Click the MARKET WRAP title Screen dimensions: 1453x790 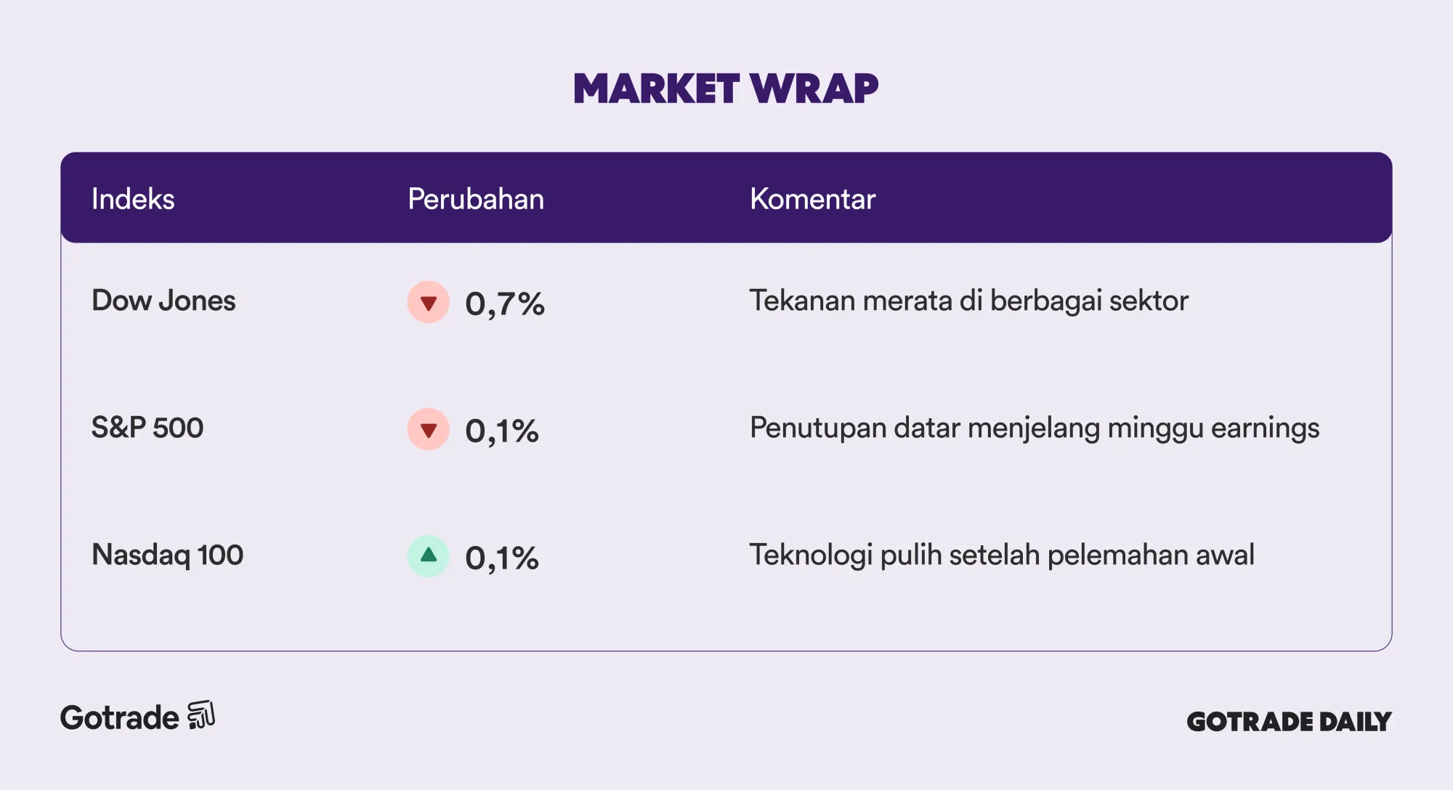point(726,89)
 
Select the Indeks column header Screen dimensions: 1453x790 point(133,199)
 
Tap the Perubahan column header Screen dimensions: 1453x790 point(476,199)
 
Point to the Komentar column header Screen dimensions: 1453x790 point(812,199)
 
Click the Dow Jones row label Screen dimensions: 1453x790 point(163,301)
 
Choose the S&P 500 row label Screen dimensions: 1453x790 point(147,428)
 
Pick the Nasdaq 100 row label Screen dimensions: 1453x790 point(167,555)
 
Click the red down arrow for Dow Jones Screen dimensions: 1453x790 point(429,302)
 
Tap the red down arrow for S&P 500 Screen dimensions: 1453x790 point(429,429)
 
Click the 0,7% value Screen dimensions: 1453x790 point(505,304)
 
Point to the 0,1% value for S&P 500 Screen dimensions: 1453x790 point(502,431)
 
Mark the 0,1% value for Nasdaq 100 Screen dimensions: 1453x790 point(502,558)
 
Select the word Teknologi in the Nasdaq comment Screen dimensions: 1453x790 point(811,555)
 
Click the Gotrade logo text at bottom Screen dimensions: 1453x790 point(120,717)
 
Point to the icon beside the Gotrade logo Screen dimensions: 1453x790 point(201,715)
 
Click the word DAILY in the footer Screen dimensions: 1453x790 point(1355,722)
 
